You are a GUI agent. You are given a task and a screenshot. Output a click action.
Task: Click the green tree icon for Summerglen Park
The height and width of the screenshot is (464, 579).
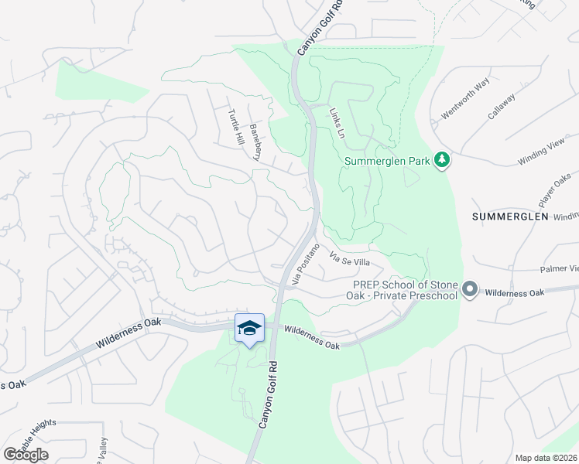[x=442, y=160]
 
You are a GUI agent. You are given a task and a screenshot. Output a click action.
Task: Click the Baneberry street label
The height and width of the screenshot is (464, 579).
[x=258, y=140]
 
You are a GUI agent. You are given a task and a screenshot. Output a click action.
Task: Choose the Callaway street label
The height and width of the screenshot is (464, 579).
[x=502, y=106]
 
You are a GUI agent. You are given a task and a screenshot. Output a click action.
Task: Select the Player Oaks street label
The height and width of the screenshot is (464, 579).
[x=554, y=189]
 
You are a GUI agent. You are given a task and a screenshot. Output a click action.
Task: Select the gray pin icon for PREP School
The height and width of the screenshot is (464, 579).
[x=469, y=291]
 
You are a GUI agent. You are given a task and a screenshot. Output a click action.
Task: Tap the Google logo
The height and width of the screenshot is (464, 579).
[x=26, y=455]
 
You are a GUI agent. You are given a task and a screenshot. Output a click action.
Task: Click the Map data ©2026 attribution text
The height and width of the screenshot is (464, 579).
[x=546, y=458]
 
